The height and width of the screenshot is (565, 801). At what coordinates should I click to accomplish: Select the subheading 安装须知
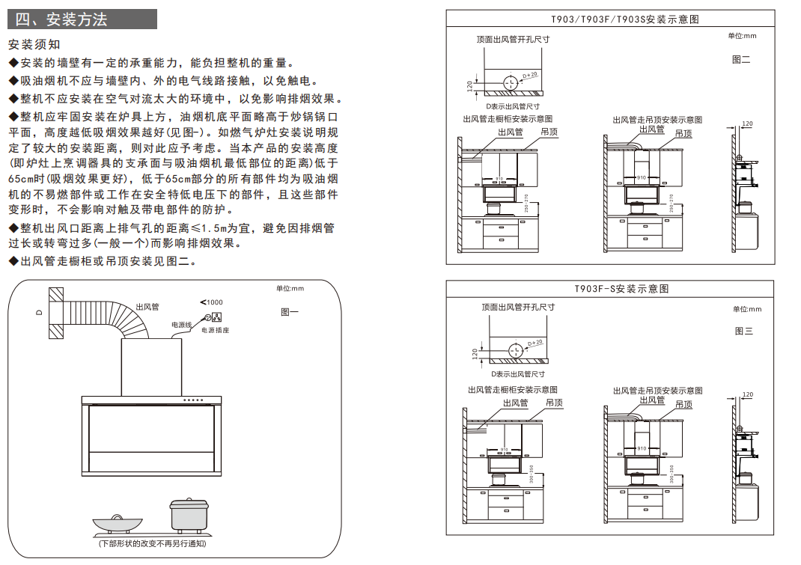(x=34, y=45)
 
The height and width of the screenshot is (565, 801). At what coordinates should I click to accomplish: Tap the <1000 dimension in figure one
(x=212, y=302)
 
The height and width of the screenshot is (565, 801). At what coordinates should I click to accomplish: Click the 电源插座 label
(x=215, y=330)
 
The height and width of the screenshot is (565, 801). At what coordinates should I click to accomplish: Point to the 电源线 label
(x=182, y=325)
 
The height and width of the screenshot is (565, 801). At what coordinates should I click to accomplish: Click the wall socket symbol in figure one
(x=218, y=317)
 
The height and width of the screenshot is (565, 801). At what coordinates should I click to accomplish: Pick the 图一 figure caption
(x=289, y=312)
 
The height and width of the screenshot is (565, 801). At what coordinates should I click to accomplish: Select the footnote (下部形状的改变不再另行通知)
(x=152, y=544)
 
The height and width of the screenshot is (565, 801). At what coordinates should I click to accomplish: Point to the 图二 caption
(x=741, y=59)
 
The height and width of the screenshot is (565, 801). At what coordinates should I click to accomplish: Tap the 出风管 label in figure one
(x=147, y=307)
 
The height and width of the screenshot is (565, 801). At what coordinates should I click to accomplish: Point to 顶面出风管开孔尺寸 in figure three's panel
(x=518, y=307)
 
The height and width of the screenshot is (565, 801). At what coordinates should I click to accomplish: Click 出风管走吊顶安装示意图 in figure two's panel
(x=657, y=120)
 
